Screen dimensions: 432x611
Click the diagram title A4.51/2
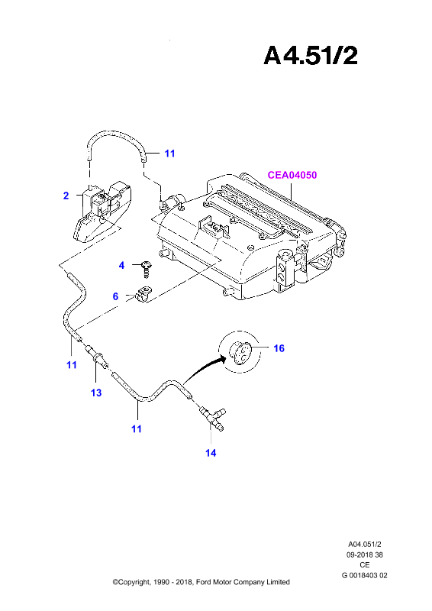tap(311, 55)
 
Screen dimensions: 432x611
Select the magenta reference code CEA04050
tap(292, 175)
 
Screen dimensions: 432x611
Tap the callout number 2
tap(66, 196)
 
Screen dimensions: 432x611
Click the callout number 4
tap(121, 265)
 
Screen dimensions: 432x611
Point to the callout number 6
tap(115, 296)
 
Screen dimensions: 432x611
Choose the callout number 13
tap(96, 393)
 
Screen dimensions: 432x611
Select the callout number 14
tap(211, 453)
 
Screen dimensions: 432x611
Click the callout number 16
tap(279, 348)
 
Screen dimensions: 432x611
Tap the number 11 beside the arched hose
tap(169, 154)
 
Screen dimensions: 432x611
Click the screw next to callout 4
tap(146, 270)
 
